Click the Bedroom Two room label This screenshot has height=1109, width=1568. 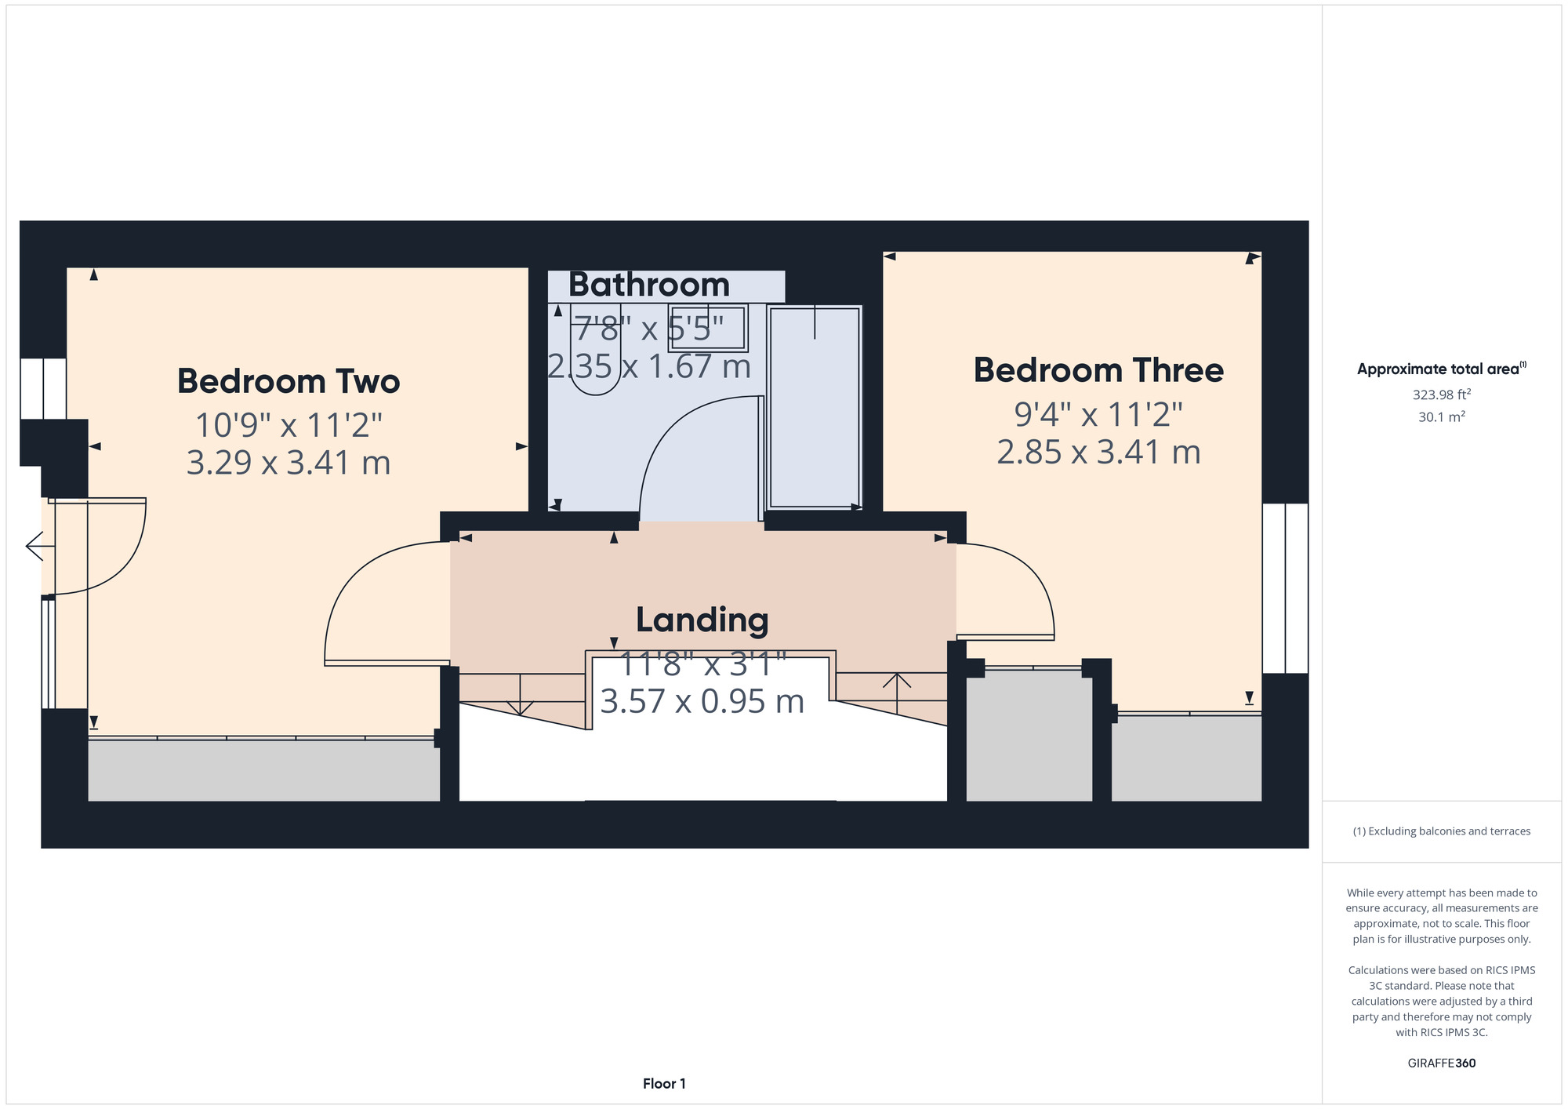289,382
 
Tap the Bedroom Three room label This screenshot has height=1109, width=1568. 1098,371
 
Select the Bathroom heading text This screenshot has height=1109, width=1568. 649,285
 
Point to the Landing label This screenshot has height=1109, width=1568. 702,620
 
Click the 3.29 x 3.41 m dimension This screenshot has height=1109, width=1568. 289,463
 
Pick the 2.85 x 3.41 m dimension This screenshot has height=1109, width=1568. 1098,453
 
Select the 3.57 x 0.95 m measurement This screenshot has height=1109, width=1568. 702,701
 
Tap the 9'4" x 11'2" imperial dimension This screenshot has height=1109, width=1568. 1098,413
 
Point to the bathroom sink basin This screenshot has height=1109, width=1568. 708,326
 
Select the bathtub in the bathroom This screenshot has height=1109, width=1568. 815,407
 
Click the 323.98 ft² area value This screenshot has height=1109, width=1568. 1442,395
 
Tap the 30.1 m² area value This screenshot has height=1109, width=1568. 1442,416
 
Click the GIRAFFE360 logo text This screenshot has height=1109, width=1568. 1442,1064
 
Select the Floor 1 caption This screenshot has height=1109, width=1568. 664,1084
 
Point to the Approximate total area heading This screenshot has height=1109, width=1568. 1442,369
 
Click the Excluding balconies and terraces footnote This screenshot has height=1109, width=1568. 1442,831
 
